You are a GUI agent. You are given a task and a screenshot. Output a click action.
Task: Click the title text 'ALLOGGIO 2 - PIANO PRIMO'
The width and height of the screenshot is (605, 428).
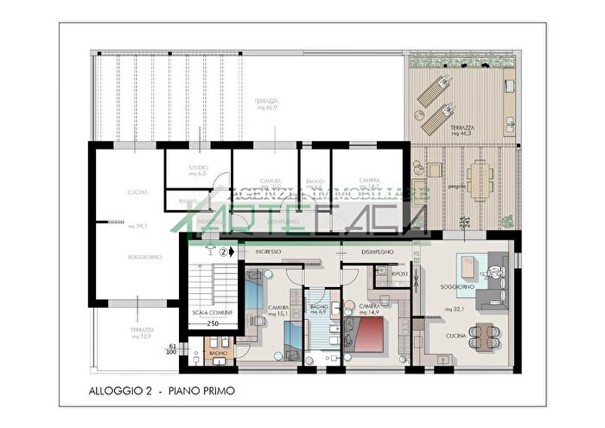(162, 392)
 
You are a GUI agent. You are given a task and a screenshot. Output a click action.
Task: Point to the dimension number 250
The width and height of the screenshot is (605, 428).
(212, 323)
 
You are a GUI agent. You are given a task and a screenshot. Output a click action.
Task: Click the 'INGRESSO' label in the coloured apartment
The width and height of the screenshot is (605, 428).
(269, 252)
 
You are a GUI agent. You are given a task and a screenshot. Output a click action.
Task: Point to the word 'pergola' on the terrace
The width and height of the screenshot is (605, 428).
(456, 185)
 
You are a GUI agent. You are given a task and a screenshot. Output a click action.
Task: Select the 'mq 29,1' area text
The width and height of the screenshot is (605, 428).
(136, 226)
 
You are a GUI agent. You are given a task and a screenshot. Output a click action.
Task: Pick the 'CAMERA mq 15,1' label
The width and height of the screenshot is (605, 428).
(278, 310)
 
